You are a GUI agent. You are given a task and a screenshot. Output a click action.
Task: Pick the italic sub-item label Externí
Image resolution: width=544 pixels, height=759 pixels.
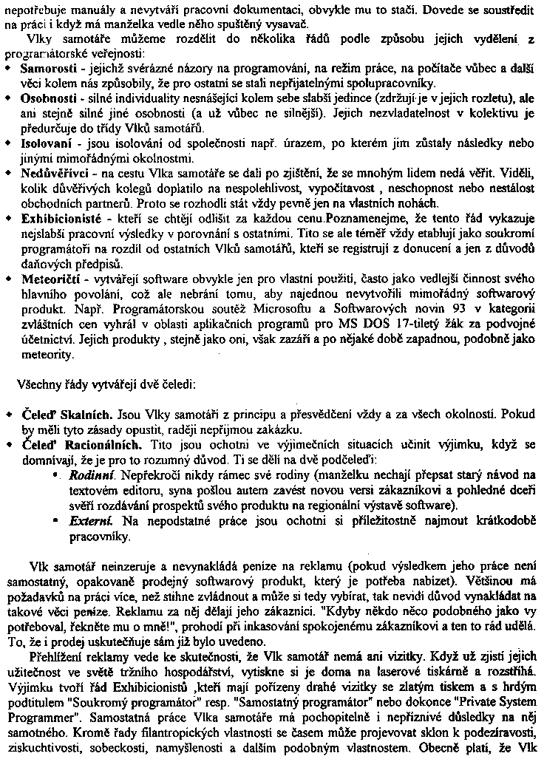coord(89,521)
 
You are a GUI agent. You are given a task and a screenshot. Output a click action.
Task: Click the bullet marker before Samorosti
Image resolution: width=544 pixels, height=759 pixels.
coord(7,69)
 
